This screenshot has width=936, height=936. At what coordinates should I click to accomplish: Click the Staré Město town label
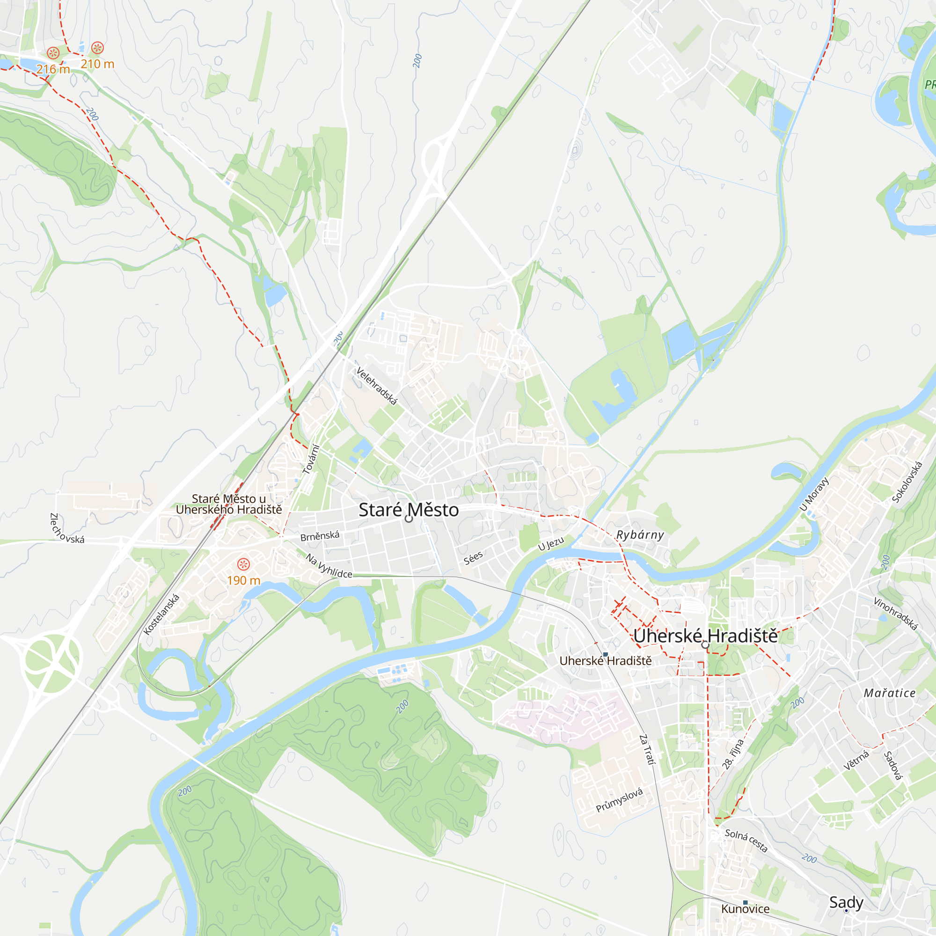[409, 510]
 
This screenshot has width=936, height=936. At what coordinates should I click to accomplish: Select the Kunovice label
[745, 909]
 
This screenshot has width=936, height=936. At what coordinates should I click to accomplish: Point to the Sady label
[846, 902]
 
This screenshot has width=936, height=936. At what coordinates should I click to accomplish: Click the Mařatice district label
[890, 693]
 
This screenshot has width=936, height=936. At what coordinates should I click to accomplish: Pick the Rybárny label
[639, 535]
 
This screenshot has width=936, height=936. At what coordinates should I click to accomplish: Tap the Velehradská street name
[376, 386]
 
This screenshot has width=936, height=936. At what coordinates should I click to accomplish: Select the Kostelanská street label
[162, 614]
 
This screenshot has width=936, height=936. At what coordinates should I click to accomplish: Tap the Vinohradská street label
[895, 614]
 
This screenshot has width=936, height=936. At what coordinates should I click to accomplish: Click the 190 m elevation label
[243, 580]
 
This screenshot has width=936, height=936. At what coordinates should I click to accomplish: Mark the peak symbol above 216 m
[53, 53]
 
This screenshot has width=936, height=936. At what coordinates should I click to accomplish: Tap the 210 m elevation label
[97, 64]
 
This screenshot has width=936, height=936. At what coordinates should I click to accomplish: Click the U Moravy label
[814, 494]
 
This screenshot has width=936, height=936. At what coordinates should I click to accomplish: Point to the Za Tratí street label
[647, 749]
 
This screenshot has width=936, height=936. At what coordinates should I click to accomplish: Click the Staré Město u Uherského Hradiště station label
[229, 504]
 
